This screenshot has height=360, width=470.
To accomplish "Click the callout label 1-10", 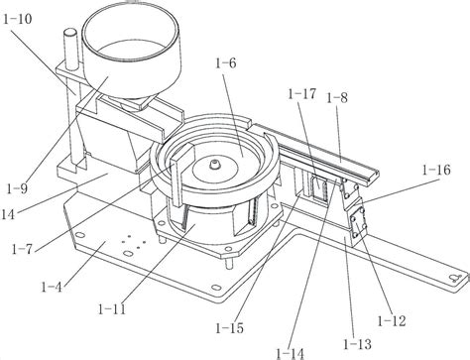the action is coord(18,19).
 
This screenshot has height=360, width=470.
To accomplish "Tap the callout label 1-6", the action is coord(226,62).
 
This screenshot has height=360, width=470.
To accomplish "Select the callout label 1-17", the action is coord(302,94).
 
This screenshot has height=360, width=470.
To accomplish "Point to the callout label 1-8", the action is coord(337,98).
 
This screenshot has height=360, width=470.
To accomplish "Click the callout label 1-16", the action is coord(436,170).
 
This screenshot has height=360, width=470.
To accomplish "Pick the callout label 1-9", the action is coord(17,188).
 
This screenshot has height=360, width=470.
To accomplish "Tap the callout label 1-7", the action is coord(22,249).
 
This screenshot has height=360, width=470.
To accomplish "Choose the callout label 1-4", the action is coord(52,287).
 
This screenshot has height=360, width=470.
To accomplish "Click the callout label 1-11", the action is coord(112,309).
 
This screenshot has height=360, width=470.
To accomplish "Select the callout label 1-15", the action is coord(229,328).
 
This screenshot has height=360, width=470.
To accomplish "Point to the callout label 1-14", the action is coord(290,354).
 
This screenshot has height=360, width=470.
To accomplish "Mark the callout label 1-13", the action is coord(357,344).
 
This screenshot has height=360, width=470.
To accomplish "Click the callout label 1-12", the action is coord(392,320).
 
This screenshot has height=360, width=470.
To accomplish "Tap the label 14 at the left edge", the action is coord(8,215).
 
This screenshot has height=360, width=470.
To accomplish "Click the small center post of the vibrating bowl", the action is coord(215,164).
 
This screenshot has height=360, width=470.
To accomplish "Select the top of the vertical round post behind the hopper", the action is coord(69,33).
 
